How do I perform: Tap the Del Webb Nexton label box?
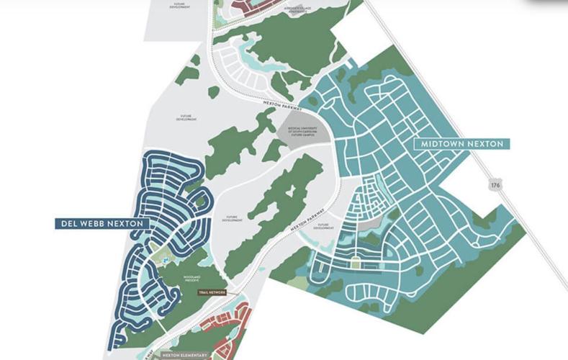pos(102,224)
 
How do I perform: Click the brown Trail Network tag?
pos(212,292)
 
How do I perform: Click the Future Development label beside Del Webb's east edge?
pos(232,218)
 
